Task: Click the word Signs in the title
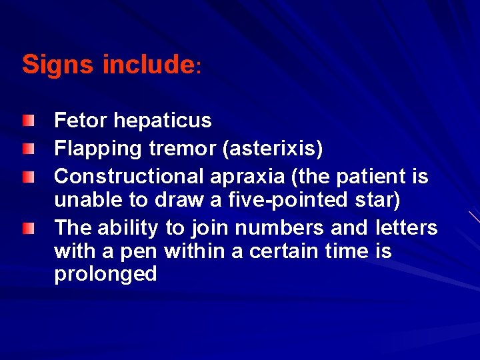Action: point(59,65)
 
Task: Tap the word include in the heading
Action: point(147,65)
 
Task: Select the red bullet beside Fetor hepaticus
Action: point(26,120)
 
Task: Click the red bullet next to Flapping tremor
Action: point(26,148)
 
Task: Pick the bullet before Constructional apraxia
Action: point(26,176)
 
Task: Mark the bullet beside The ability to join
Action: point(26,228)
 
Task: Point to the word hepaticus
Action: point(163,121)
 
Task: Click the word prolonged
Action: point(105,274)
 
